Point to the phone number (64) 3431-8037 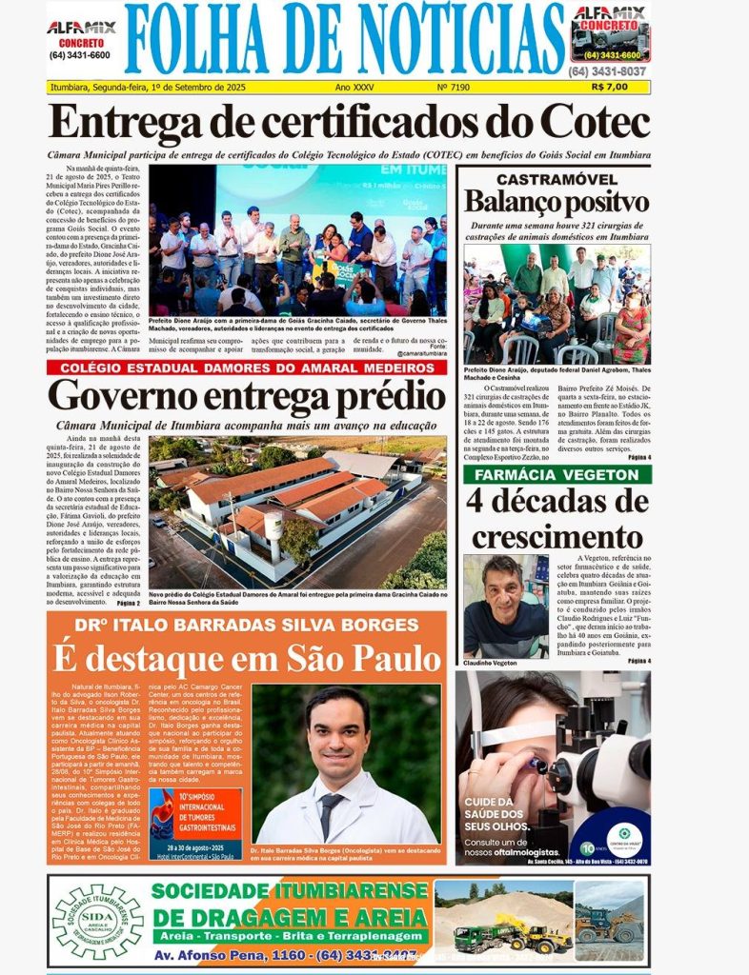pyautogui.click(x=607, y=71)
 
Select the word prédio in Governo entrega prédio pyautogui.click(x=375, y=397)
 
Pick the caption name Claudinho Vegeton pyautogui.click(x=491, y=663)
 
